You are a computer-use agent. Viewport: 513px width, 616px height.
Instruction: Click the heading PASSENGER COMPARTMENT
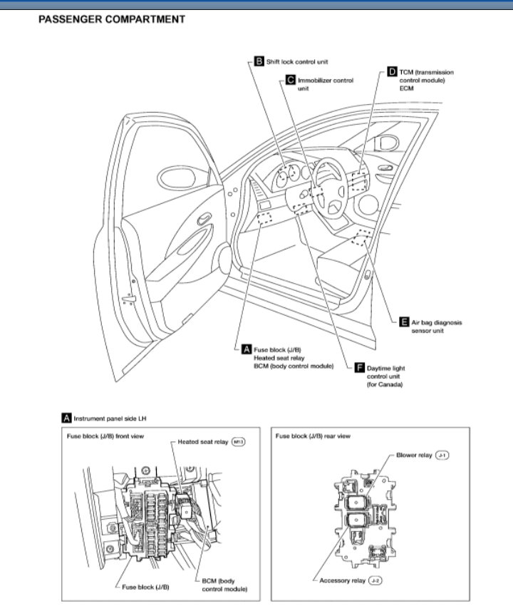[111, 19]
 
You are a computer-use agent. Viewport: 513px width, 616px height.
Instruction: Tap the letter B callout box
[259, 62]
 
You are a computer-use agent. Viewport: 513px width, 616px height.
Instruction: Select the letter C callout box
[291, 81]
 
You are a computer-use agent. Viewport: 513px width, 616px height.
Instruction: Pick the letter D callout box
[393, 72]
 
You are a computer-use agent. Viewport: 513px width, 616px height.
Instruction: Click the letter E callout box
[404, 322]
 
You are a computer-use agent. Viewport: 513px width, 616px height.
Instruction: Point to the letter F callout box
[360, 368]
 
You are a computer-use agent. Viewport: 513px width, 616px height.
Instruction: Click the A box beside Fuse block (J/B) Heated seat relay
[247, 349]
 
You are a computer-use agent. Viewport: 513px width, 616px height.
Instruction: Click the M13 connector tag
[239, 443]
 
